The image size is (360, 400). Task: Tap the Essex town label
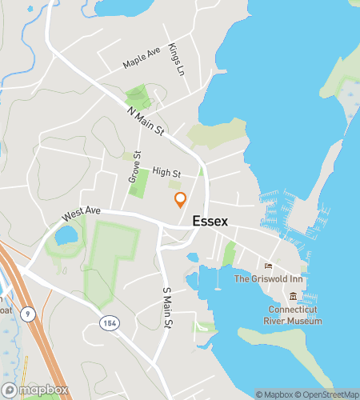pos(210,222)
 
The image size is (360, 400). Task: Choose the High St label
pos(166,172)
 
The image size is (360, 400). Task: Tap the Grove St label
pos(134,167)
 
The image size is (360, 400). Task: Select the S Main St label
pos(167,307)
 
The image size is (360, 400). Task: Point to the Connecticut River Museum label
pos(294,315)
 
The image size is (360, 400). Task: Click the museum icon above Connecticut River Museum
pos(294,296)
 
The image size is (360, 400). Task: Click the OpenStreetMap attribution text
pos(327,394)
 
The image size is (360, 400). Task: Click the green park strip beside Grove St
pos(138,185)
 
